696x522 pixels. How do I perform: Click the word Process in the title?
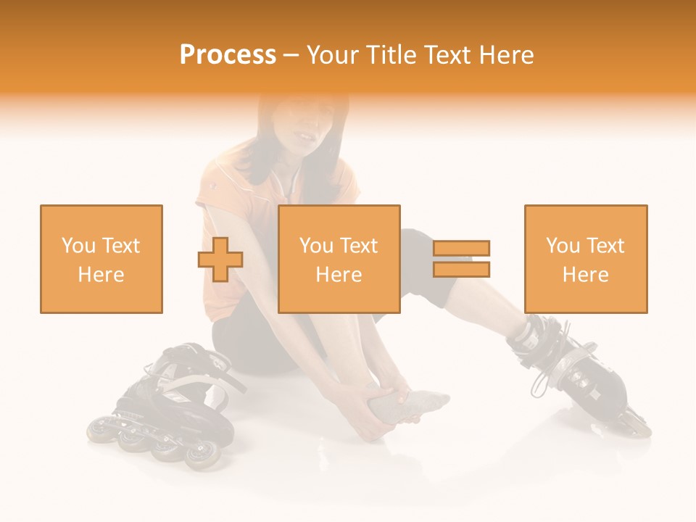point(228,55)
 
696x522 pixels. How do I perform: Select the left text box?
point(101,259)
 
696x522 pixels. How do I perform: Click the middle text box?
point(339,259)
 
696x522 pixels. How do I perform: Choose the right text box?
point(586,259)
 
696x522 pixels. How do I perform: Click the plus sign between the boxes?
point(220,260)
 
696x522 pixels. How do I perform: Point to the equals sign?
point(461,259)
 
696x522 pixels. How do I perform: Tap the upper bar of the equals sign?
point(461,249)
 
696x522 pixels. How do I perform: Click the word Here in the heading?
point(505,55)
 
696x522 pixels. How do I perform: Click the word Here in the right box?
point(586,275)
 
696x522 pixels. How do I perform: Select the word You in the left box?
point(77,246)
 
